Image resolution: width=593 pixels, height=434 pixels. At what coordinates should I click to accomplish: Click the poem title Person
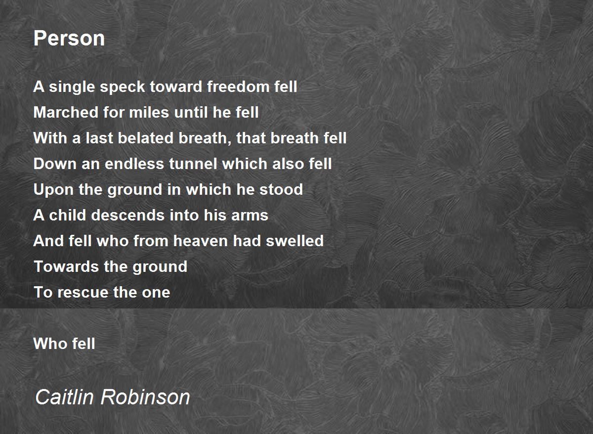tap(69, 39)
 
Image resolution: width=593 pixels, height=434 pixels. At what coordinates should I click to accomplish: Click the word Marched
tap(66, 112)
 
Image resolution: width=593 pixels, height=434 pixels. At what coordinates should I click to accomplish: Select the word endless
tap(134, 164)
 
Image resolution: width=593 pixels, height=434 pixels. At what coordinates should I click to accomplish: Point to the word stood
tap(281, 189)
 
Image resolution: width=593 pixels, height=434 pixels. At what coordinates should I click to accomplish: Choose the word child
tap(68, 215)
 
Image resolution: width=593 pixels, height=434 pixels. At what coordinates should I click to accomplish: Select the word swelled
tap(295, 241)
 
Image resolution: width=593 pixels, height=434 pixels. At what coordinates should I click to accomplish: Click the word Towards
tap(66, 266)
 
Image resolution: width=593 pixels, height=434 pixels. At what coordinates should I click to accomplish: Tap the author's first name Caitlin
tap(64, 397)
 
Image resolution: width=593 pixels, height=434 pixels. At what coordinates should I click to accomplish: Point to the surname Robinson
tap(145, 397)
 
